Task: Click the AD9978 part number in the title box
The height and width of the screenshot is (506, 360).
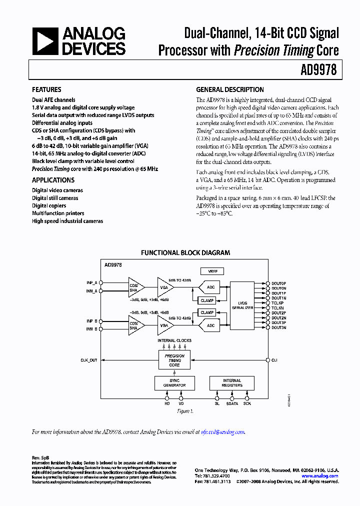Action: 318,70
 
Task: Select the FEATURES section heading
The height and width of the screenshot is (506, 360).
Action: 46,89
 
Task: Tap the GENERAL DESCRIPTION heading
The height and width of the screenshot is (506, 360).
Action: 229,89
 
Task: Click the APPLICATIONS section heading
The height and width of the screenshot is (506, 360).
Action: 53,180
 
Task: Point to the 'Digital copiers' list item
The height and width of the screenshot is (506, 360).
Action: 49,205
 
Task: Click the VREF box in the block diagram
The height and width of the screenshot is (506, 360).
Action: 212,271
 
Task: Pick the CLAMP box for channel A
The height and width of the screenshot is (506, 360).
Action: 207,300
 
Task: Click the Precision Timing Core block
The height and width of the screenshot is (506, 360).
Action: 174,360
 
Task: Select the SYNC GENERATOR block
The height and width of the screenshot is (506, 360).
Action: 174,383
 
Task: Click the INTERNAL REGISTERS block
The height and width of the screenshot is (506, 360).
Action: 231,383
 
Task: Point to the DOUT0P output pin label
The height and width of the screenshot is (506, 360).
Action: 279,283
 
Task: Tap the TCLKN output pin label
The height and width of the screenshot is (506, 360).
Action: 278,308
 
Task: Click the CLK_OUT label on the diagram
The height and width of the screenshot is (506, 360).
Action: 89,360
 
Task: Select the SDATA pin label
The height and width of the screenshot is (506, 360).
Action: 232,403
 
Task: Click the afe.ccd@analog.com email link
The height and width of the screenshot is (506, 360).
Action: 222,432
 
